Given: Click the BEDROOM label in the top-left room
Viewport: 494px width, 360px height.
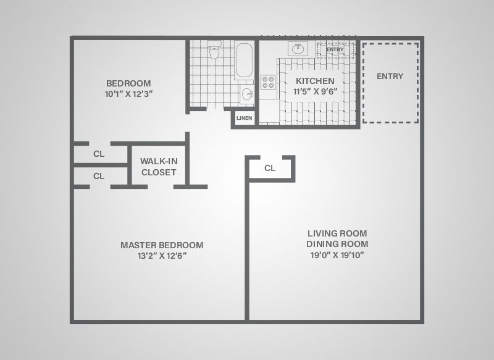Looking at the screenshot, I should [128, 83].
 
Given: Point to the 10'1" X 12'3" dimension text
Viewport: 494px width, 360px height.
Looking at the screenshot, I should [128, 94].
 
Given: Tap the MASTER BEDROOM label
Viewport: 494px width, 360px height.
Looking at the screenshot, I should [162, 245].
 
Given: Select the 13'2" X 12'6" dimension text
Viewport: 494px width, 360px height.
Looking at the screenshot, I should [162, 256].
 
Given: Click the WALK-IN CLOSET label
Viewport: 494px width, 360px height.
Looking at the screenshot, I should [159, 167].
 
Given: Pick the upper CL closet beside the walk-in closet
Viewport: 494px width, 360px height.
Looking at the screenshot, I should [99, 154].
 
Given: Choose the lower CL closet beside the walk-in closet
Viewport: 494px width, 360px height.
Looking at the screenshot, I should [99, 176].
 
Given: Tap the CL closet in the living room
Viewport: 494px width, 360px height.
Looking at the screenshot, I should [270, 168].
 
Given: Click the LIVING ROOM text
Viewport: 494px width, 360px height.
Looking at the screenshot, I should [337, 233].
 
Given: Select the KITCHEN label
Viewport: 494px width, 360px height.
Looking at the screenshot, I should [315, 81].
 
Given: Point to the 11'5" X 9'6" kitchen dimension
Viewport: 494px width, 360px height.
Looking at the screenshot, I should [315, 92].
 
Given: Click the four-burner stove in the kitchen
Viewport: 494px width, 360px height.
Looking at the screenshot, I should [268, 82].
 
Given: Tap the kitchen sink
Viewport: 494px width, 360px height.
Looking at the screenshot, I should [298, 49].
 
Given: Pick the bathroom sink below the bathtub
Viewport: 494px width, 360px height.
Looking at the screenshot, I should [247, 94].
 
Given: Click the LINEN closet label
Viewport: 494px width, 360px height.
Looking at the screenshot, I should [244, 118].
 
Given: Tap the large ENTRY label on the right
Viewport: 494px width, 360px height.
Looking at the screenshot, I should [390, 77].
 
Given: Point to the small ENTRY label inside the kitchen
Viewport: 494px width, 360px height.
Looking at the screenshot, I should [335, 49].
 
